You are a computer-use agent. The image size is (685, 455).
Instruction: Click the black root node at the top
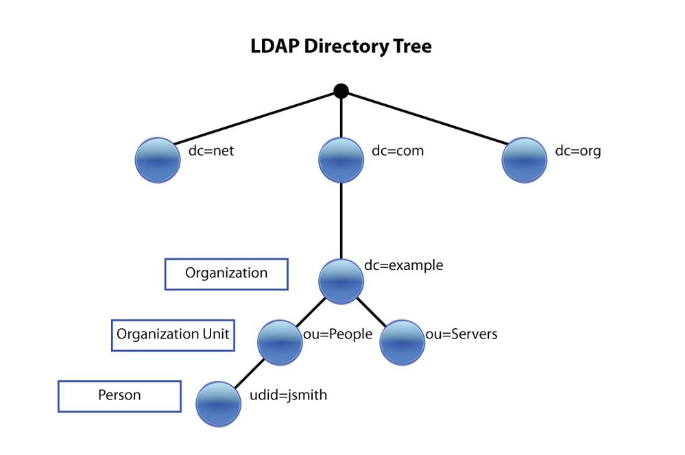point(341,90)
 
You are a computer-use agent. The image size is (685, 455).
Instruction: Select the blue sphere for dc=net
point(158,160)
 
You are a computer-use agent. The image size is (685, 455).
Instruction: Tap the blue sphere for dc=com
point(341,160)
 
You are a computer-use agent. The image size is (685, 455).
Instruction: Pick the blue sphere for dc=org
point(525,160)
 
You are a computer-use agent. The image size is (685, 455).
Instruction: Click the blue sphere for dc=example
point(341,282)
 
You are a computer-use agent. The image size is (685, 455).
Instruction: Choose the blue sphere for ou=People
point(280,343)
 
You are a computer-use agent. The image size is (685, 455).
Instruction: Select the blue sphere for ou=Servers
point(402,343)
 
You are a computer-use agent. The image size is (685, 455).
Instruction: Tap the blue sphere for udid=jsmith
point(219,404)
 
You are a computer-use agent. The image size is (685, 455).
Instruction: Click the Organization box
point(226,273)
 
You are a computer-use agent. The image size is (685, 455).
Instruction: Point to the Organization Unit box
point(173,334)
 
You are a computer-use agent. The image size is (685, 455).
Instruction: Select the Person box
point(119,395)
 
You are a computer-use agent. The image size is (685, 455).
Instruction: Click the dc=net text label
point(211,151)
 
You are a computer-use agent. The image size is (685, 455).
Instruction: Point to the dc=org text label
point(577,151)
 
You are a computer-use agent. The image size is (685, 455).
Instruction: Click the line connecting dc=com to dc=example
point(341,219)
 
